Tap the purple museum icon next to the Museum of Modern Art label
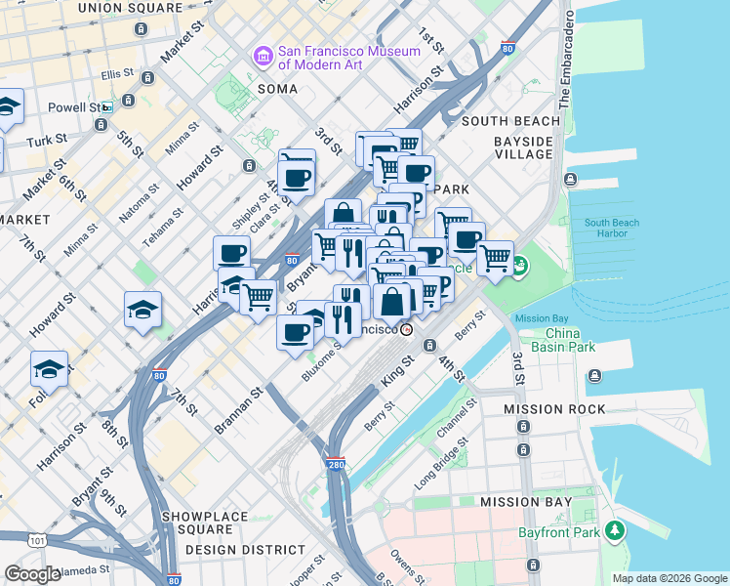(262, 57)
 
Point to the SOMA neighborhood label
(277, 88)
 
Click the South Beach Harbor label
(612, 229)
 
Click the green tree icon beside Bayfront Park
(614, 530)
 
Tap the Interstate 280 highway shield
(335, 466)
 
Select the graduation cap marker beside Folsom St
(49, 369)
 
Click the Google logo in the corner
(32, 574)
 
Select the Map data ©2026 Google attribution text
(669, 578)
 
